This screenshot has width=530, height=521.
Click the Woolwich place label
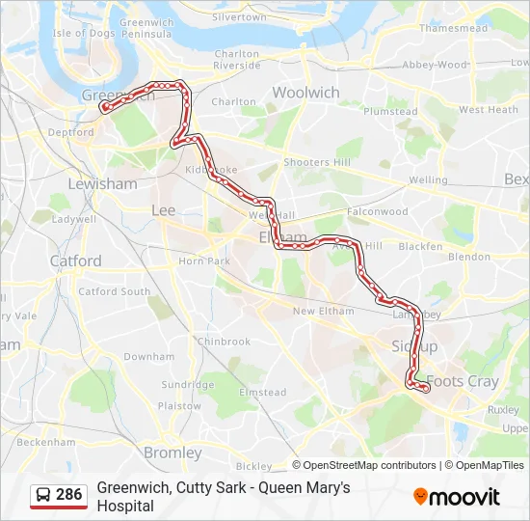pos(305,93)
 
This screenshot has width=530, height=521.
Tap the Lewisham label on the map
pos(102,183)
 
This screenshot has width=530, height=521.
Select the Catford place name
pos(75,260)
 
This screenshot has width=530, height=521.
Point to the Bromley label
pos(172,452)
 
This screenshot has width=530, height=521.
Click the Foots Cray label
pos(463,381)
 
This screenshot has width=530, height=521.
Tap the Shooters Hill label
pos(318,162)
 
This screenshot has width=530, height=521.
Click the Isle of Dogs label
pos(82,33)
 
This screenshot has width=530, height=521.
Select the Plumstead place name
pos(390,111)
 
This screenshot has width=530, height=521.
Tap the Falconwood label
pos(378,211)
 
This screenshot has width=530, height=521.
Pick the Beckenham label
pos(45,442)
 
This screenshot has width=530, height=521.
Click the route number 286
pos(69,495)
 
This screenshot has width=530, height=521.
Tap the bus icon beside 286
pos(43,495)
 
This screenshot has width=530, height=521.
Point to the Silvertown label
pos(238,17)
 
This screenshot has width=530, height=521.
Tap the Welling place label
pos(428,179)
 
